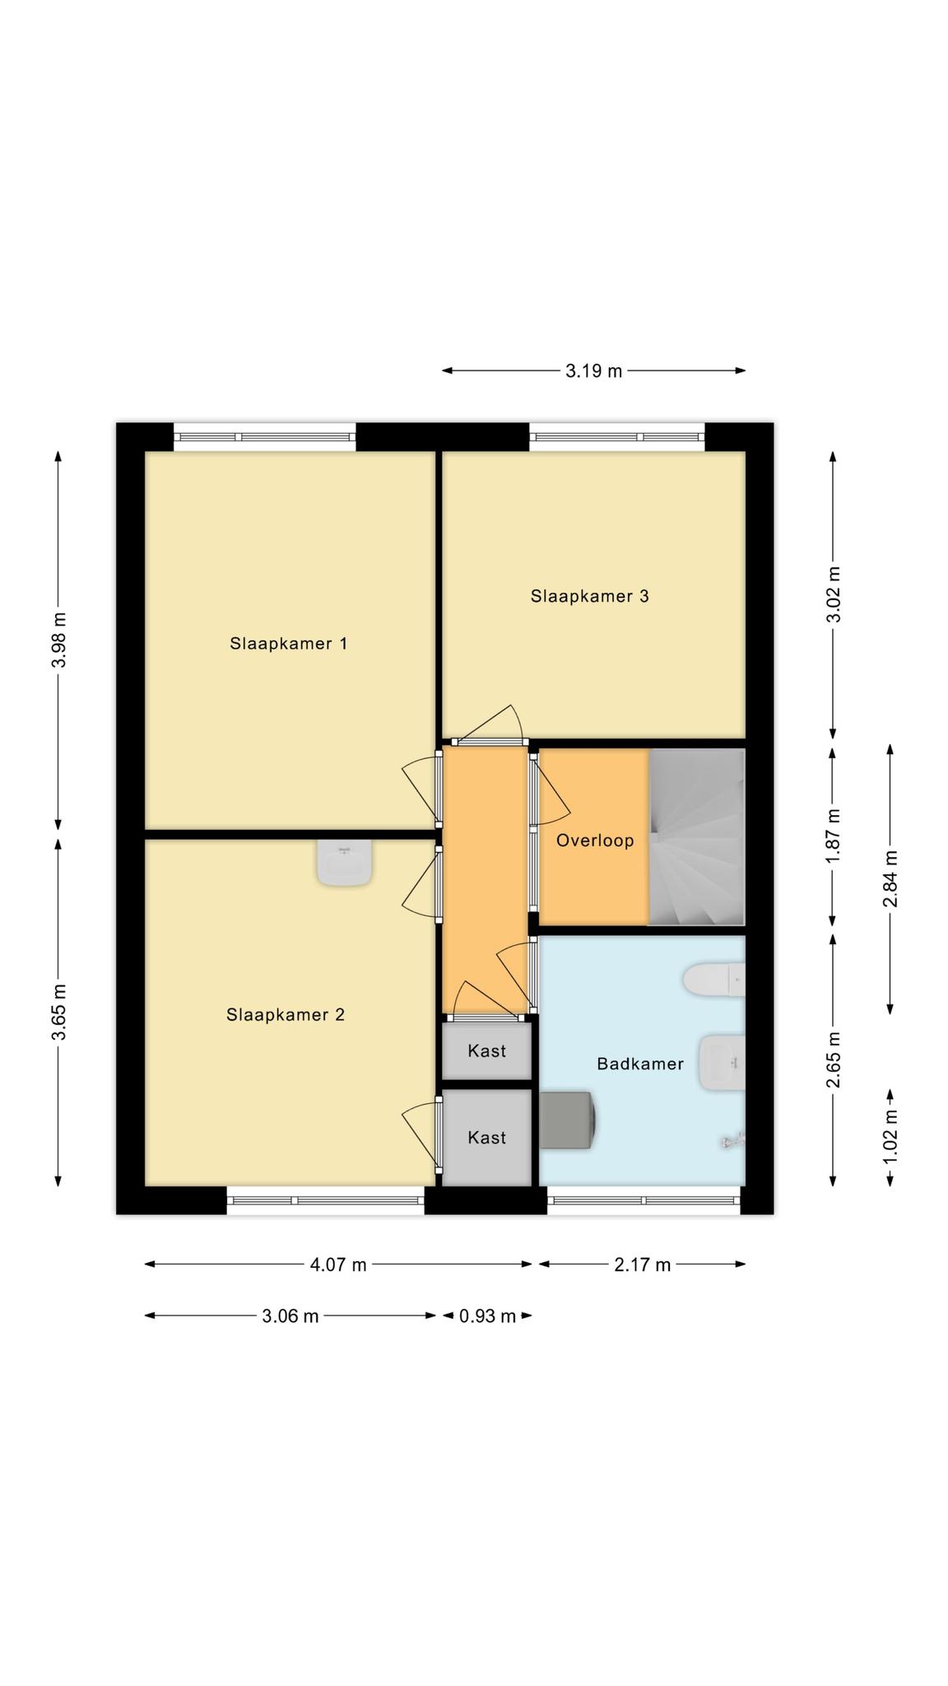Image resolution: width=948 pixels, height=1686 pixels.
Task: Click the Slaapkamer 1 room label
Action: coord(288,644)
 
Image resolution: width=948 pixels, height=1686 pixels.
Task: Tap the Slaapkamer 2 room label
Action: coord(286,1015)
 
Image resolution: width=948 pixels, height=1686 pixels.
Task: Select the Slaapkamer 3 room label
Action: coord(589,596)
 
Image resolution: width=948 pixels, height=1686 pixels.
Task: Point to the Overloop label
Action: coord(595,841)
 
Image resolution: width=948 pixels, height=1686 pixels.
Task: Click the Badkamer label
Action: coord(640,1064)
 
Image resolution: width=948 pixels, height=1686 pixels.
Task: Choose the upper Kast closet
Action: coord(486,1050)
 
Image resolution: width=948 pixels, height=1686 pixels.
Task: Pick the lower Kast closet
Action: coord(486,1138)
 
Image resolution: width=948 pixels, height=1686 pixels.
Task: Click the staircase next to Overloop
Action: coord(697,837)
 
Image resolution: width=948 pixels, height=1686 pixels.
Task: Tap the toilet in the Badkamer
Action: coord(714,979)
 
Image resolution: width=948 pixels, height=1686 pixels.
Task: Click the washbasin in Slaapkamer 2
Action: coord(344,863)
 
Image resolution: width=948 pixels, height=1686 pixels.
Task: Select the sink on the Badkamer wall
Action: coord(722,1062)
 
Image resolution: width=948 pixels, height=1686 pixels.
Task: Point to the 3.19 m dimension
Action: coord(594,370)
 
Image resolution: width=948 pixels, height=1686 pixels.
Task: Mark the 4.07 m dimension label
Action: coord(338,1264)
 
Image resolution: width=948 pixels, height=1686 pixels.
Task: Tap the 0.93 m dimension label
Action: coord(487,1316)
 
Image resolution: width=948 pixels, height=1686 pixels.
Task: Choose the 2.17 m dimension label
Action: coord(642,1264)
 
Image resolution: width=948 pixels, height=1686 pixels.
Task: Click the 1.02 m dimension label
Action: coord(890,1137)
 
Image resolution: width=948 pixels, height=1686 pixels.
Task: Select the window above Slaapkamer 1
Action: coord(265,436)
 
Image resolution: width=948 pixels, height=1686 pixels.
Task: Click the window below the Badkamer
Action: coord(644,1200)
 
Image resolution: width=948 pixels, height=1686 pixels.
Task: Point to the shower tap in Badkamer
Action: coord(732,1140)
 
